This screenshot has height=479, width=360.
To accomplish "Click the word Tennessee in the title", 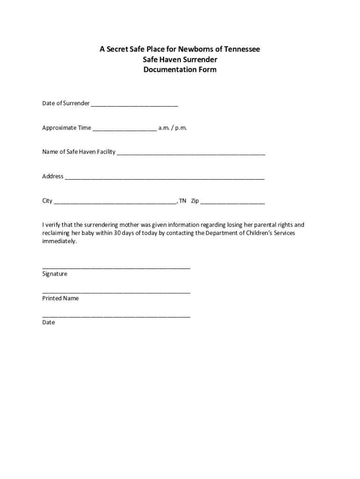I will point(241,49).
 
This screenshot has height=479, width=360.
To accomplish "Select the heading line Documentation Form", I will point(180,70).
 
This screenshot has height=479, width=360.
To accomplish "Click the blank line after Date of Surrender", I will point(135,104).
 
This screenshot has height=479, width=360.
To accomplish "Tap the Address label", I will point(53,176).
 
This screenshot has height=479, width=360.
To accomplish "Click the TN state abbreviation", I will point(182,201).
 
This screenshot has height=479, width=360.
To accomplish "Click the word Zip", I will point(195,201).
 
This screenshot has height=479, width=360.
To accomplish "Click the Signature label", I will point(55,274).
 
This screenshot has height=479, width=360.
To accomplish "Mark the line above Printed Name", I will point(116,292).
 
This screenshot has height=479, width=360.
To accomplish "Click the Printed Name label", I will point(60,298).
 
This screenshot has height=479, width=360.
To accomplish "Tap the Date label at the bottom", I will point(49,322).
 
